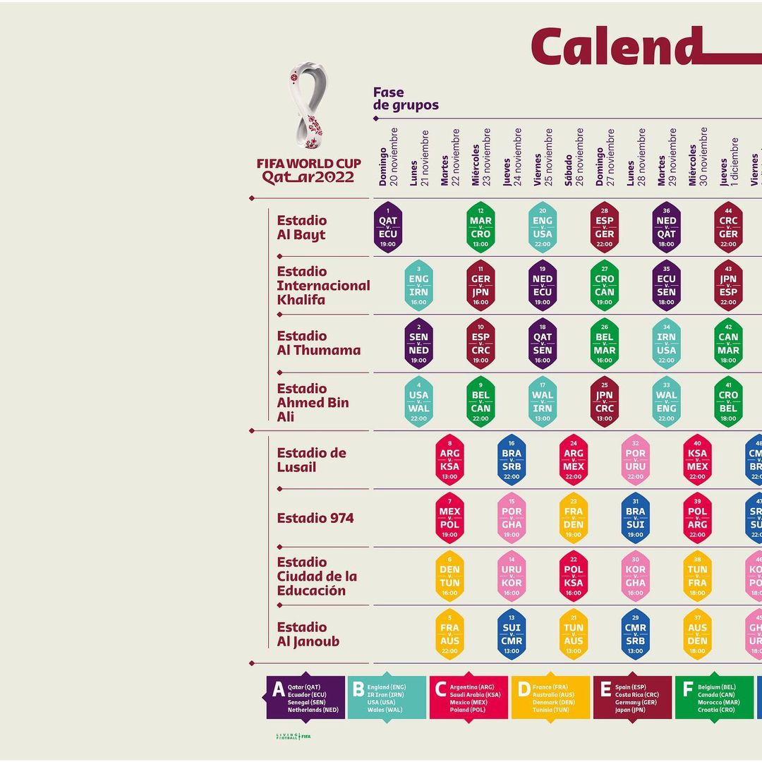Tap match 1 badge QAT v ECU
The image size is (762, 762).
(x=387, y=227)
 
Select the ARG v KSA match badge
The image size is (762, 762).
(x=449, y=459)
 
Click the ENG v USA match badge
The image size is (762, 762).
(x=543, y=227)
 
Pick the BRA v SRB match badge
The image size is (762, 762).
(x=512, y=459)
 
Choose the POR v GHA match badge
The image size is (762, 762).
(x=512, y=518)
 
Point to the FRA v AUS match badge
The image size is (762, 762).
(x=449, y=634)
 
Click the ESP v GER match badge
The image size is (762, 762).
(x=605, y=227)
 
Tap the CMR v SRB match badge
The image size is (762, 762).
(x=636, y=634)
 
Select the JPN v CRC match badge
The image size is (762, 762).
(x=605, y=401)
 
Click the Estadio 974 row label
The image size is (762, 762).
(x=315, y=518)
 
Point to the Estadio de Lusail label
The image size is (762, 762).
(x=311, y=460)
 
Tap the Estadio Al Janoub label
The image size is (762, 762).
(x=308, y=634)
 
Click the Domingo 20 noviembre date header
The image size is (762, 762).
(x=388, y=157)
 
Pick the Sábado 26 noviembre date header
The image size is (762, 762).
(x=574, y=157)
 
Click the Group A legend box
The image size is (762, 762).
(x=306, y=698)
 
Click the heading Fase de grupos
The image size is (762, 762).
(x=406, y=99)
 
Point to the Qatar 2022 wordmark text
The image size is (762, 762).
(x=308, y=177)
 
